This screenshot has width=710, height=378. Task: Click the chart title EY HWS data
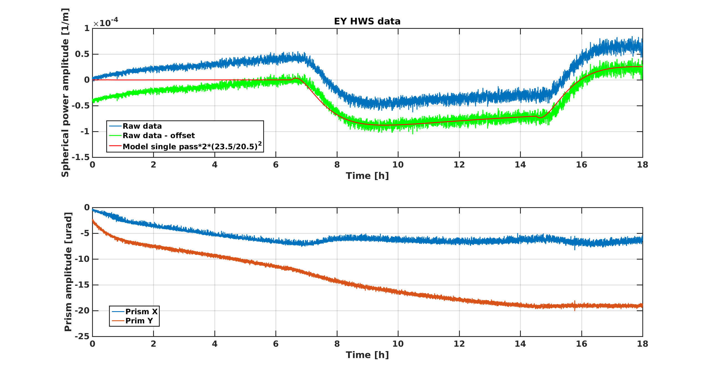coord(367,21)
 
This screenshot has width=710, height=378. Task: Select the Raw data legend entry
coord(142,126)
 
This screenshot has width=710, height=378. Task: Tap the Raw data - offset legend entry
coord(159,136)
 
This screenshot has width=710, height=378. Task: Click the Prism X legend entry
coord(141,311)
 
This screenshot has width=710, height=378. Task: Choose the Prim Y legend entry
coord(139,321)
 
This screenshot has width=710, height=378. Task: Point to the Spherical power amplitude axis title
coord(65,93)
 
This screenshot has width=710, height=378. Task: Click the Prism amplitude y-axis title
coord(68,272)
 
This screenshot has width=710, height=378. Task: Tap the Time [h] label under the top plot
coord(367,176)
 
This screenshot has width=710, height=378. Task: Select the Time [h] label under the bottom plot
coord(367,355)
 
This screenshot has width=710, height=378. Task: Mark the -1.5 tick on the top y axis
coord(81,157)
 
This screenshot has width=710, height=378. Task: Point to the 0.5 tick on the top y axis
coord(82,54)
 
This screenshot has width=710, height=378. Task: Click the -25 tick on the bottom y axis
coord(82,336)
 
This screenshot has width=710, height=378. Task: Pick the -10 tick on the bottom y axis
coord(82,259)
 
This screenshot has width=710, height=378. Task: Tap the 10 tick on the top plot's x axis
coord(398,165)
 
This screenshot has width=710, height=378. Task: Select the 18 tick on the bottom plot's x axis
coord(642,344)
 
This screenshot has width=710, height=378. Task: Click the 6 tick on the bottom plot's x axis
coord(276,344)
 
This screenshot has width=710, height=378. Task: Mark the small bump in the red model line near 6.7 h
coord(296,78)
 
